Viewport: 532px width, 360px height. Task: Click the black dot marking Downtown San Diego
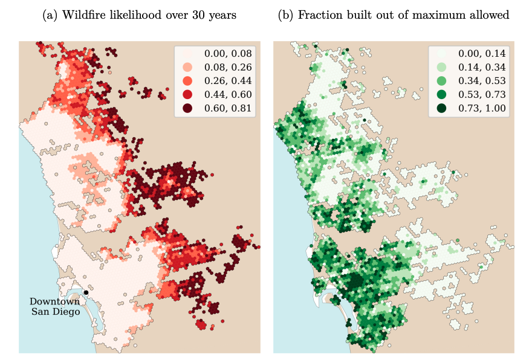(x=86, y=292)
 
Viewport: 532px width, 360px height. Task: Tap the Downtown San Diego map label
(x=54, y=306)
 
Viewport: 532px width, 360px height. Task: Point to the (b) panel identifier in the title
(x=285, y=15)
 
